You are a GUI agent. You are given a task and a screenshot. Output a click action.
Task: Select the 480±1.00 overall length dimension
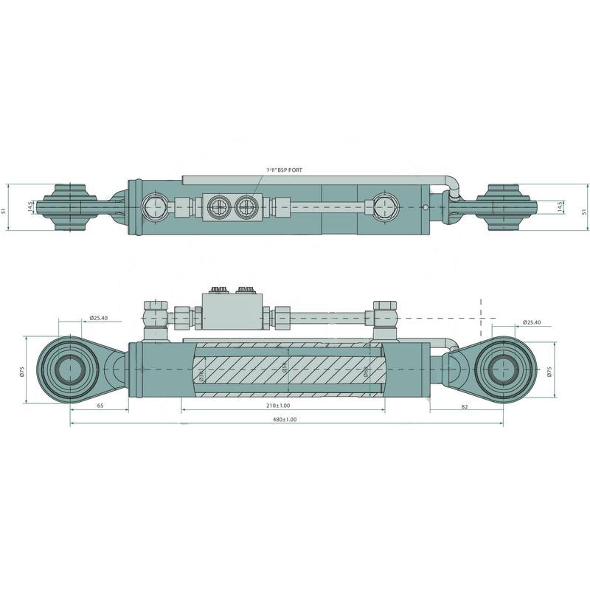click(285, 419)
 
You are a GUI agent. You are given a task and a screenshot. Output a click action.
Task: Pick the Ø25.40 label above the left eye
click(99, 318)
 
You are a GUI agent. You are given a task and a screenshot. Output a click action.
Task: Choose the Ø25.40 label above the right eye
click(532, 322)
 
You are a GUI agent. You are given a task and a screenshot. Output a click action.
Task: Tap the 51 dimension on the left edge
click(4, 209)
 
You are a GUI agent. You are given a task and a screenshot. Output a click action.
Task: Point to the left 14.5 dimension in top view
click(30, 206)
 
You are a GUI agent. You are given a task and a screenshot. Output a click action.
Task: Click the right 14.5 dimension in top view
click(560, 207)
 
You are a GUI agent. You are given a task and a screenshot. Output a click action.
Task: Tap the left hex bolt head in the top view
click(156, 208)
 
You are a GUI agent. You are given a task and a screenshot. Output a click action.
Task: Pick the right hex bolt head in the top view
click(384, 208)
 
